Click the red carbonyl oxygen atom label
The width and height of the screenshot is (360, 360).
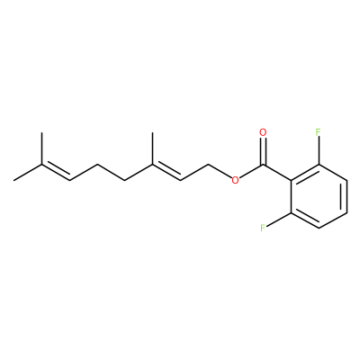(x=263, y=132)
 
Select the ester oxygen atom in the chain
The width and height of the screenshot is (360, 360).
(x=235, y=180)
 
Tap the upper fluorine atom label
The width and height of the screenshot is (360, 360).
(x=319, y=132)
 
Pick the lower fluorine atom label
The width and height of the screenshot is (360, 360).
(x=263, y=229)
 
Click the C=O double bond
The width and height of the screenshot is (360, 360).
(x=263, y=151)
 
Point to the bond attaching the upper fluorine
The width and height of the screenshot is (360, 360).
(x=319, y=150)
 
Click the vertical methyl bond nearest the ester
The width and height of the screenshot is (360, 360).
(x=152, y=148)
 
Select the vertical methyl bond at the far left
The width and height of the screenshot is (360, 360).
(x=41, y=148)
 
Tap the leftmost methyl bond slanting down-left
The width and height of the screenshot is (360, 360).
(x=28, y=173)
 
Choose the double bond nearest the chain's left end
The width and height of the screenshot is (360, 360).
(x=56, y=173)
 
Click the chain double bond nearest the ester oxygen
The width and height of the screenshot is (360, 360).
(x=166, y=173)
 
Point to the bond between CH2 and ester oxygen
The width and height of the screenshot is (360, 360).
(x=220, y=171)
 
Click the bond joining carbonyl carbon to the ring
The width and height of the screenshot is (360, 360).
(x=277, y=173)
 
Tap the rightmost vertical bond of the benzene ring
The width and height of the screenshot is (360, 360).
(x=346, y=196)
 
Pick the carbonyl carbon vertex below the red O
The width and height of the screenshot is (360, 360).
(x=263, y=165)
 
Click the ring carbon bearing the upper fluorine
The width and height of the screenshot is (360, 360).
(x=319, y=165)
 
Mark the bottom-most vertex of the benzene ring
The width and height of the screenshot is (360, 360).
(x=319, y=229)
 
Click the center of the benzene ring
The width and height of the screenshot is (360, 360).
(x=319, y=196)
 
